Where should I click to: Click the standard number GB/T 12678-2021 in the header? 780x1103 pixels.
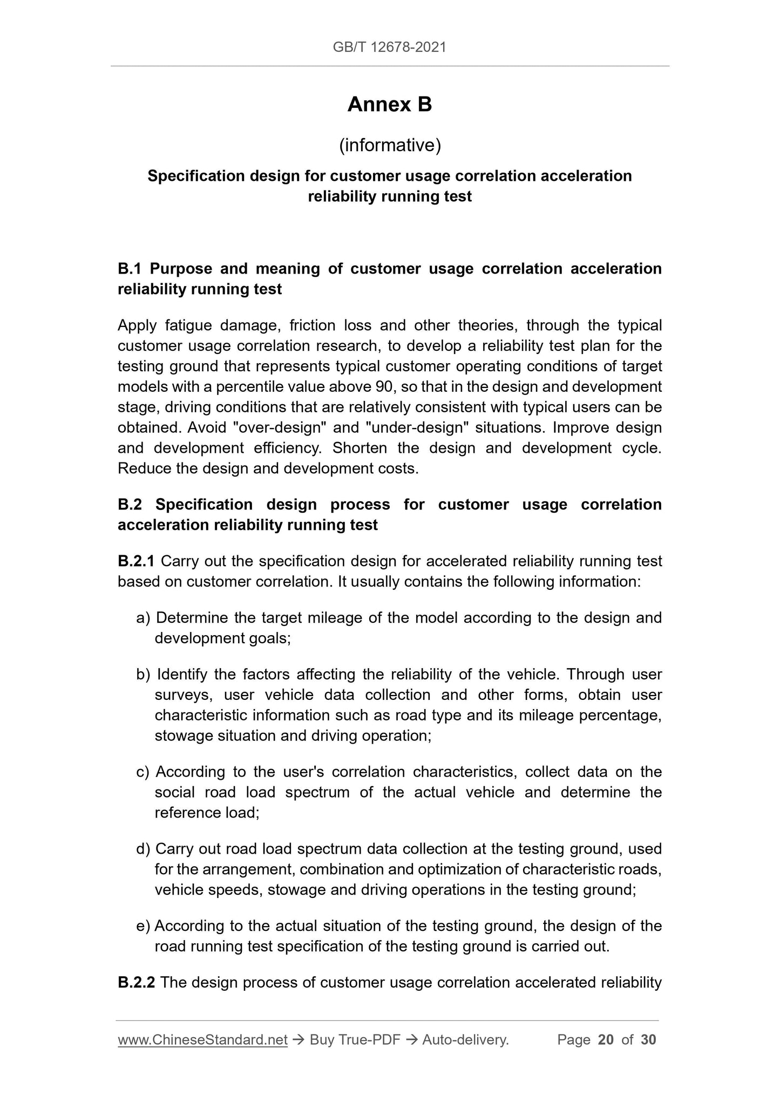click(x=389, y=47)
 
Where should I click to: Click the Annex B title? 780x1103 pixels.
click(x=390, y=105)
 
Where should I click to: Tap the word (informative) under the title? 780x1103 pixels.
click(x=390, y=145)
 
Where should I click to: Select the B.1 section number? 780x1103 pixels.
click(x=130, y=269)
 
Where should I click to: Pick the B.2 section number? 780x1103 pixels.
click(x=130, y=505)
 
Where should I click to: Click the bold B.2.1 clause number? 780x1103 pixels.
click(x=136, y=561)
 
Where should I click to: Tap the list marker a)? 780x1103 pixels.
click(x=144, y=618)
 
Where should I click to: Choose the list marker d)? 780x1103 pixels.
click(x=144, y=849)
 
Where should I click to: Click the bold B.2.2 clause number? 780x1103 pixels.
click(x=137, y=983)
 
